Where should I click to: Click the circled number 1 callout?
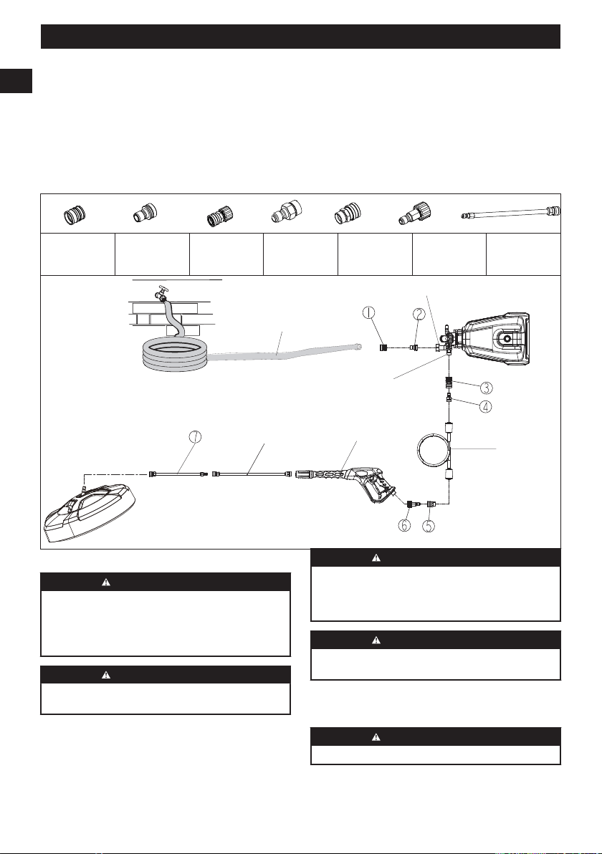(369, 312)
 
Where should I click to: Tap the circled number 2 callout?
(419, 314)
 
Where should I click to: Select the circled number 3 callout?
(487, 388)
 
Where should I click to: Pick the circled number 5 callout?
(429, 526)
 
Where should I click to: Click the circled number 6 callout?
(405, 526)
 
